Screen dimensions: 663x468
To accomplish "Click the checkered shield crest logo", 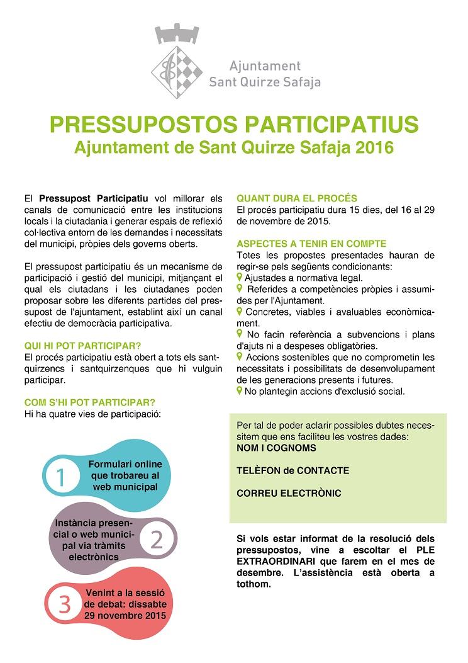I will [176, 64].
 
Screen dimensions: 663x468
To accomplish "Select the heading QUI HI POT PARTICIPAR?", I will [82, 346].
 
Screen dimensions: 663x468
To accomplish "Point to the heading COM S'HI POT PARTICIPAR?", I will [89, 402].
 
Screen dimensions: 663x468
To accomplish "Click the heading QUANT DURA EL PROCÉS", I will [297, 198].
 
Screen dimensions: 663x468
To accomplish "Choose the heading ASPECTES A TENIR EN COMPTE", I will [311, 244].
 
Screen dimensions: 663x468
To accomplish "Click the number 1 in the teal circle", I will [60, 477].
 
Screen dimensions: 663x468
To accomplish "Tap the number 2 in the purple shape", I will [157, 540].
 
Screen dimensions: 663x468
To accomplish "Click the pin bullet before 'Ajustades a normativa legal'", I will [240, 276].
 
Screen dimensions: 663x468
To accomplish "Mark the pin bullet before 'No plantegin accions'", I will [240, 390].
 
